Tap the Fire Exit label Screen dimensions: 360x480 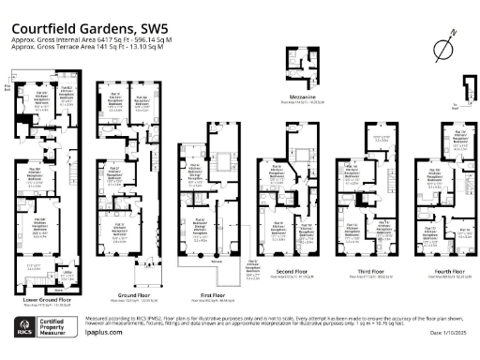click(x=9, y=88)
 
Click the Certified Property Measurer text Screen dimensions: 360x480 click(x=57, y=331)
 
